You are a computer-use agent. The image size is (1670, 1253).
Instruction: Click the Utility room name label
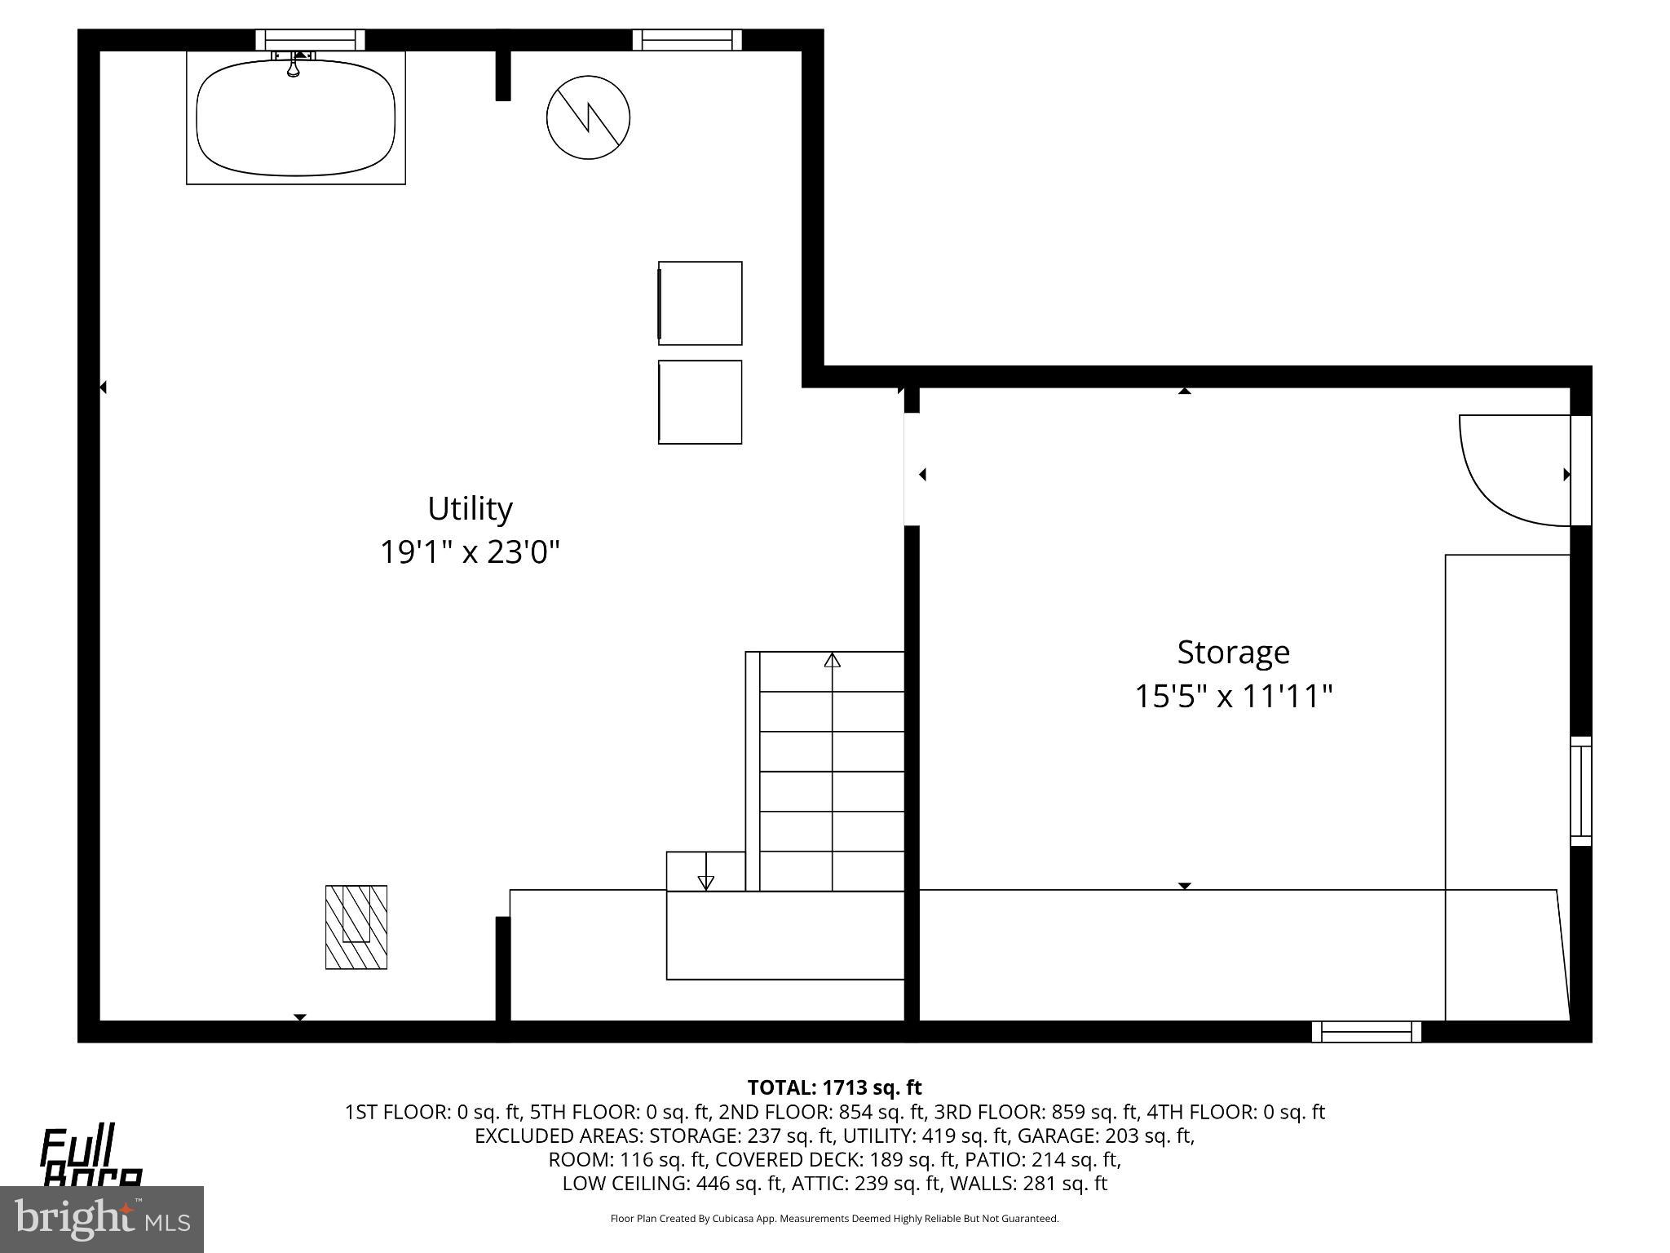point(470,509)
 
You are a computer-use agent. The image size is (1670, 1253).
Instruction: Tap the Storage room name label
point(1233,653)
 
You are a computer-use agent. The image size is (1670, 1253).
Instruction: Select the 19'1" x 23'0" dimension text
point(470,553)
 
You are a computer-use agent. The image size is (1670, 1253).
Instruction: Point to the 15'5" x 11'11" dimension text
point(1233,697)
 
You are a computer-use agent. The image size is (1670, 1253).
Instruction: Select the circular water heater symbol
point(588,117)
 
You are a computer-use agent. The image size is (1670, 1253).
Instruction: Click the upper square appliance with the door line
point(700,303)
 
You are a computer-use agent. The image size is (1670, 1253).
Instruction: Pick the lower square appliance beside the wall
point(700,402)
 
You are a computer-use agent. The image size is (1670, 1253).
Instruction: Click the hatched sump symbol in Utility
point(356,927)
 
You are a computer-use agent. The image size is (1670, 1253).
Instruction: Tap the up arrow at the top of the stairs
point(832,660)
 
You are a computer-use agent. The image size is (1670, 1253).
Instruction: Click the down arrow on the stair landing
point(706,881)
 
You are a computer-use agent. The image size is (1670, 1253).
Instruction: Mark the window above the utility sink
point(310,40)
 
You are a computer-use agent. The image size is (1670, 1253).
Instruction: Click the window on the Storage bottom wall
point(1367,1032)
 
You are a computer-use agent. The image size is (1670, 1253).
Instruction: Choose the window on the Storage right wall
point(1581,791)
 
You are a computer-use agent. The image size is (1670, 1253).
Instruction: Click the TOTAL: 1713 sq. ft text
point(834,1087)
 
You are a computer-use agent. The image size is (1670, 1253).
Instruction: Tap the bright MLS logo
point(101,1219)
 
